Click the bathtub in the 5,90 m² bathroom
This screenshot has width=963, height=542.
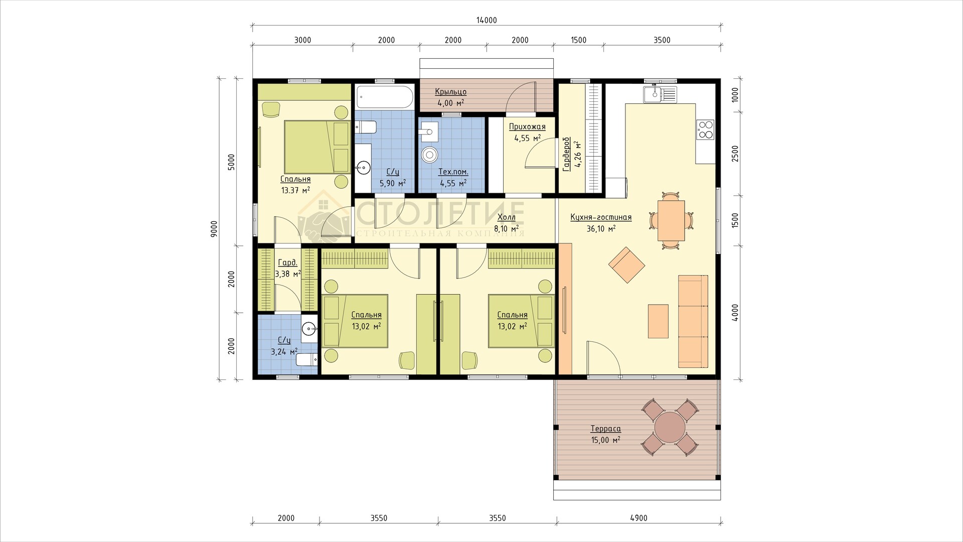(x=385, y=97)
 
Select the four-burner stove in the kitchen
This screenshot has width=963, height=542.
(x=705, y=129)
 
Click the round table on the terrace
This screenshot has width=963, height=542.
(x=670, y=427)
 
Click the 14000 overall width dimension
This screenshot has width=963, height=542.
(x=487, y=20)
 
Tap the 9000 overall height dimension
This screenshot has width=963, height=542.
(x=214, y=229)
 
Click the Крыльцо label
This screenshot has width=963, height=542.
(x=450, y=92)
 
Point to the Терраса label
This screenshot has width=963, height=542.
(x=605, y=429)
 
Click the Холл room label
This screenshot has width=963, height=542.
(x=506, y=217)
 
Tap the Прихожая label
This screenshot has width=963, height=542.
(x=527, y=127)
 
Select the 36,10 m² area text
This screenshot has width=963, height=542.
(x=601, y=228)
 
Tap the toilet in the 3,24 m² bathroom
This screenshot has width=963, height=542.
(x=307, y=359)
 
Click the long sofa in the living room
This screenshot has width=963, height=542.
(x=693, y=321)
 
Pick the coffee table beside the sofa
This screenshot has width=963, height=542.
(x=658, y=321)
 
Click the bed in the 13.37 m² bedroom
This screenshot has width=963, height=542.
(x=317, y=147)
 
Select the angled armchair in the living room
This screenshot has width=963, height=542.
(x=627, y=265)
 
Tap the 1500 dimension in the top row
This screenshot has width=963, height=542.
(x=578, y=40)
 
